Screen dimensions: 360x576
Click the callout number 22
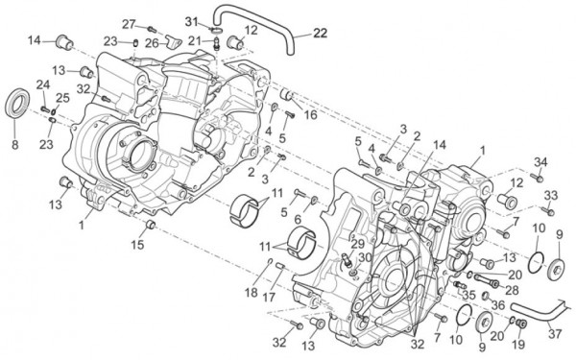pos(320,33)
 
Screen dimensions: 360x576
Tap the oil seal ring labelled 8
pos(18,102)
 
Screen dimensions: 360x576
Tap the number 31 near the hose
pos(191,20)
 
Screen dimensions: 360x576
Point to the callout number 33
pos(549,196)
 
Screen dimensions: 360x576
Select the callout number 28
pos(513,290)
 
